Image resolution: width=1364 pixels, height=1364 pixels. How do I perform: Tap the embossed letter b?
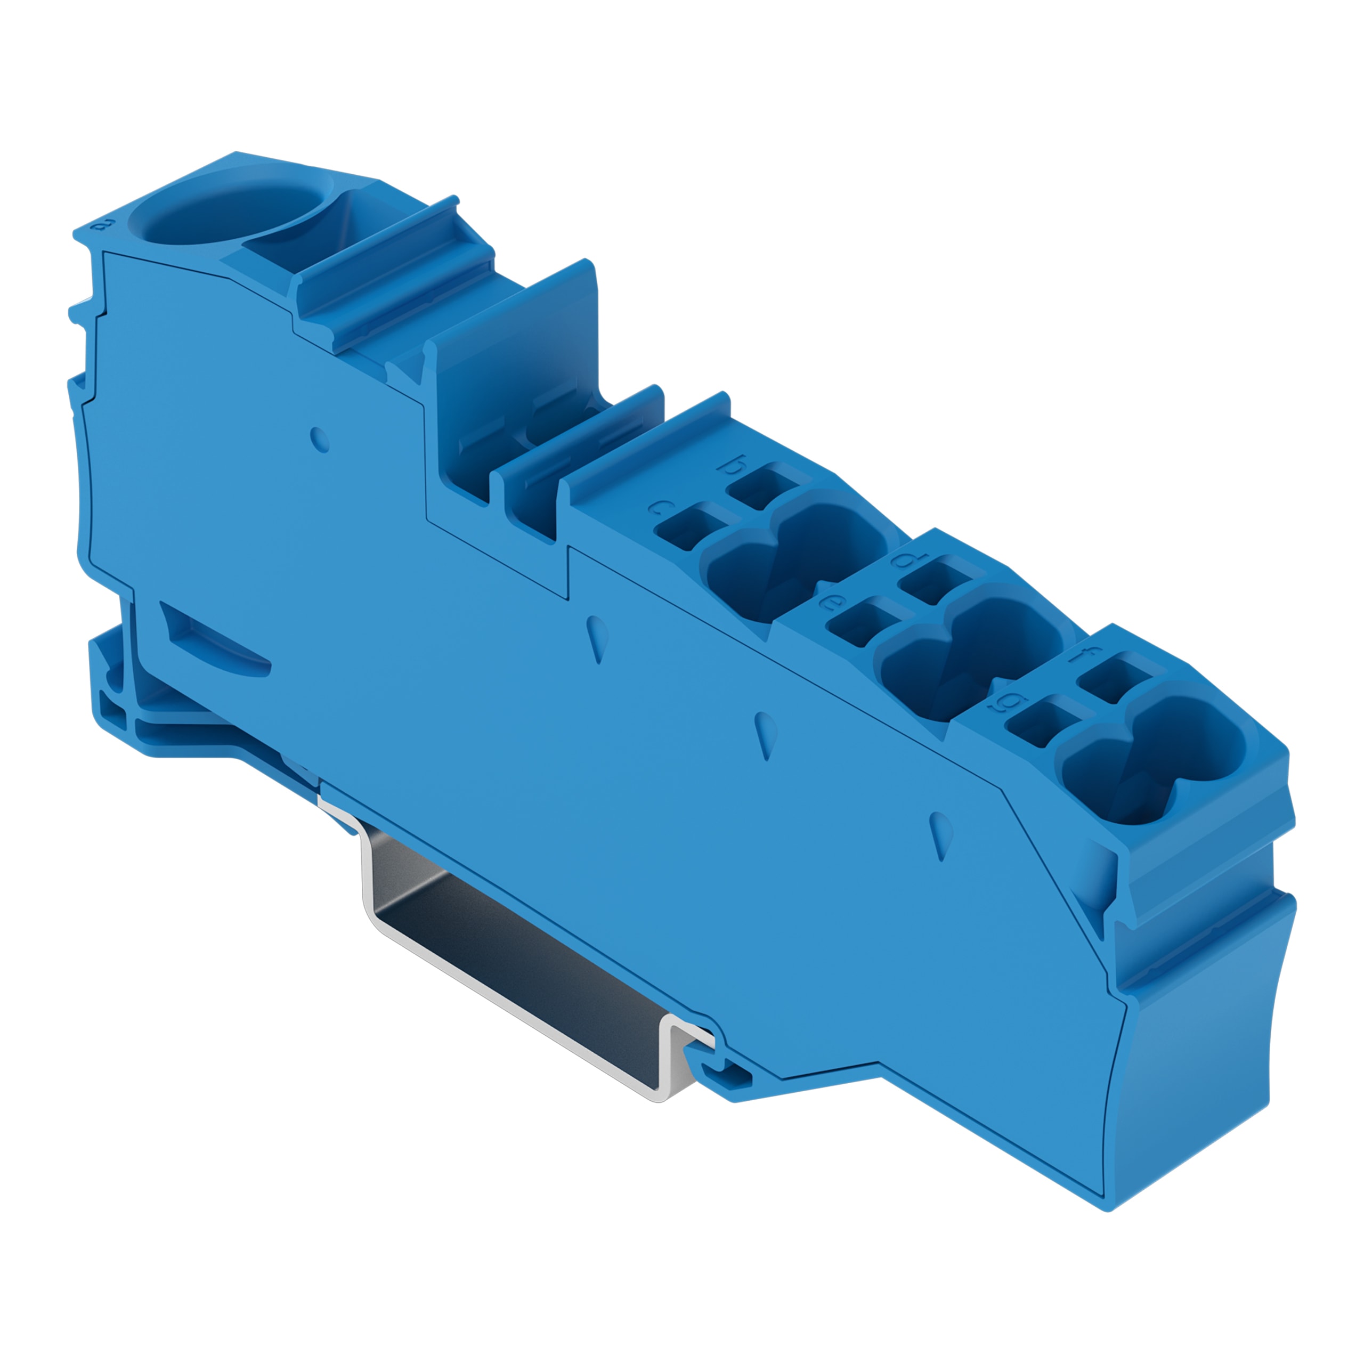[732, 465]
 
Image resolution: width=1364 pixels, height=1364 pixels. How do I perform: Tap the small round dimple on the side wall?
[320, 439]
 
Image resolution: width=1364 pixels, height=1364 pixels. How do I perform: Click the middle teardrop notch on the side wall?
[766, 734]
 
